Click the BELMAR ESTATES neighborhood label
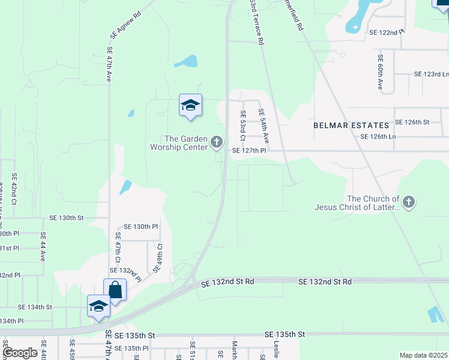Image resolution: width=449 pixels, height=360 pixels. (x=351, y=125)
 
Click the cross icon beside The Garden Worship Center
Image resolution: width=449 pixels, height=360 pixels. (x=217, y=143)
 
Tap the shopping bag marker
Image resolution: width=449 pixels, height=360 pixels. (x=115, y=291)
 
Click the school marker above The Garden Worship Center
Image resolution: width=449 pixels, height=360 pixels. (x=190, y=106)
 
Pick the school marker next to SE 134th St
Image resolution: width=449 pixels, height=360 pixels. (x=98, y=307)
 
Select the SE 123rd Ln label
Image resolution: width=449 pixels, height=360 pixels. (x=432, y=74)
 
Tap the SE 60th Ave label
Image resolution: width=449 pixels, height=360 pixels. (x=381, y=73)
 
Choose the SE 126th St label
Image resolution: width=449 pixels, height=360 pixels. (x=412, y=122)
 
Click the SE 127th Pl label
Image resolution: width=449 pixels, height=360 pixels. (x=249, y=151)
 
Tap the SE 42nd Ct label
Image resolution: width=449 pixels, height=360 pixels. (x=14, y=187)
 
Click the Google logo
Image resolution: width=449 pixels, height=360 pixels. (x=20, y=352)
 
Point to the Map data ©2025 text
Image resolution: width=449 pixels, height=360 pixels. (x=423, y=355)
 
